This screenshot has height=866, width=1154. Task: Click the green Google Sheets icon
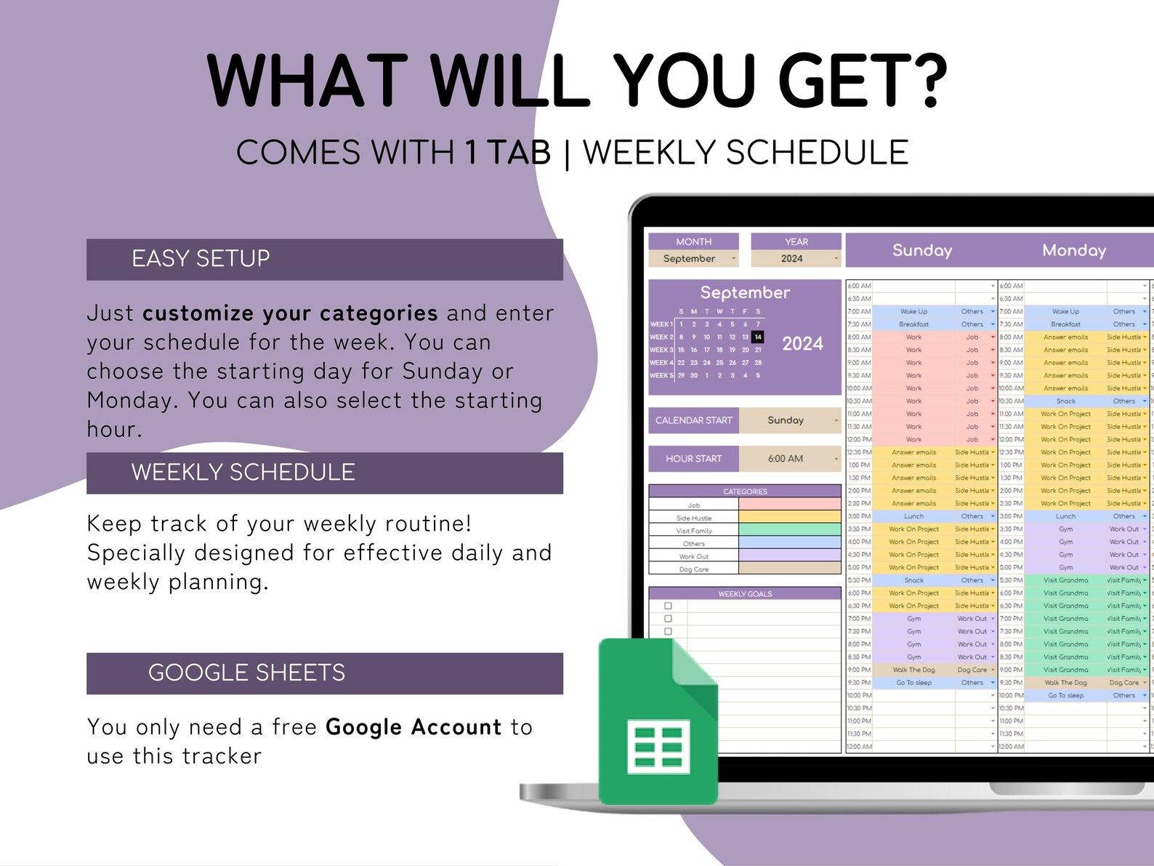658,723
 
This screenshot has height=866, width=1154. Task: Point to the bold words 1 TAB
507,153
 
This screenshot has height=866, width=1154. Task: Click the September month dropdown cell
693,259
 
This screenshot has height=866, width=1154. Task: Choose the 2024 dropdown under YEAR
795,259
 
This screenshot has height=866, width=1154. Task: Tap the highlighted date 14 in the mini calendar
758,337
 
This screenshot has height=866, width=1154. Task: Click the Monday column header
1073,250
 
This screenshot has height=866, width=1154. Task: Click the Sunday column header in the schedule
921,250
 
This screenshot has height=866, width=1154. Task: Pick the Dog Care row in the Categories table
693,569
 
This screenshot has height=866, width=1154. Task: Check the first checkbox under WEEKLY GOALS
668,606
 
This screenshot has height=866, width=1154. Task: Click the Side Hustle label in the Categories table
693,518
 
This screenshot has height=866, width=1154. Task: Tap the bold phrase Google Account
413,727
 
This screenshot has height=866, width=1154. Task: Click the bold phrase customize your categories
290,313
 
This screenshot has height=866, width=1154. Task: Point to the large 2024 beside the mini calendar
802,344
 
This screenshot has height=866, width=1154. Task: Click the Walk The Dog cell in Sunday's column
913,670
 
